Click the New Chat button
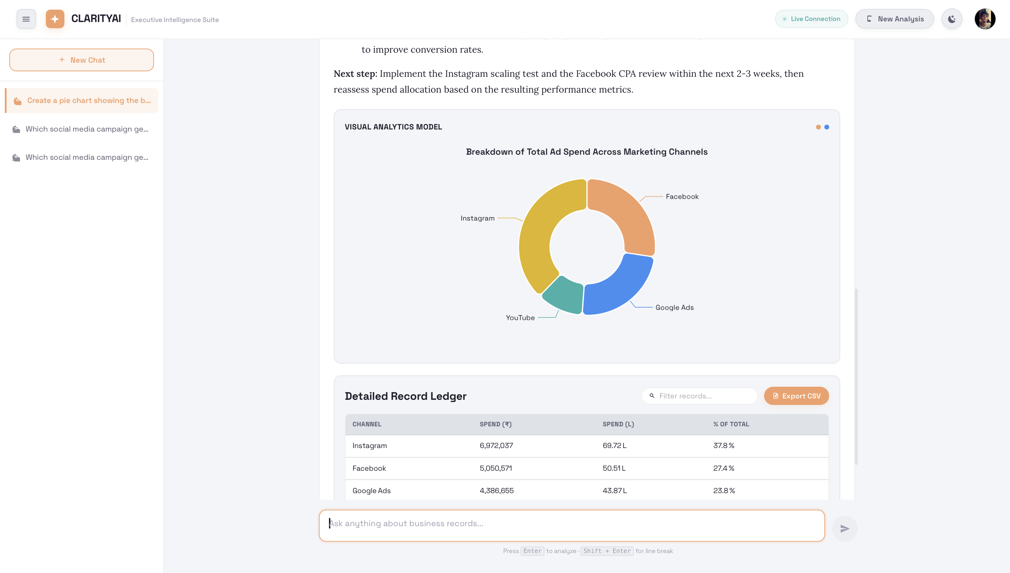coord(82,60)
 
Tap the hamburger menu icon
coord(26,19)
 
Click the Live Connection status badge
coord(811,19)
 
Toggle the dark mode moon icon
coord(951,19)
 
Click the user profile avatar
coord(985,19)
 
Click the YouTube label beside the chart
coord(520,317)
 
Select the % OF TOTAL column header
coord(731,424)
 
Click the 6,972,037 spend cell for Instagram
coord(496,446)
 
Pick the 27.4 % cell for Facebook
coord(723,468)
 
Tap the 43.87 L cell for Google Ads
coord(615,491)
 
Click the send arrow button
coord(844,529)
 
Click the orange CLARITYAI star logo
coord(55,19)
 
